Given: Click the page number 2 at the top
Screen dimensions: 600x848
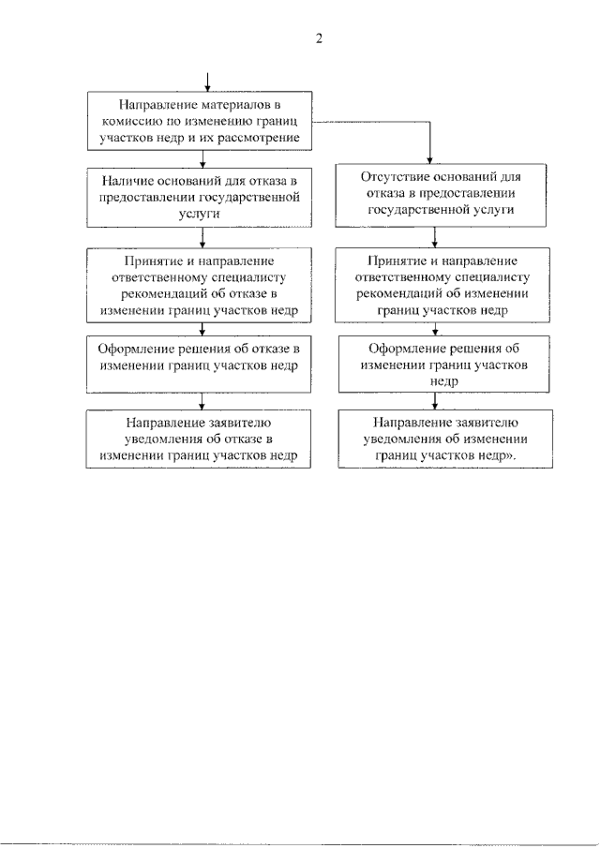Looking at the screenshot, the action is coord(319,38).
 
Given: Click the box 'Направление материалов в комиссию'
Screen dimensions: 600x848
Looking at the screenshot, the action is coord(200,121).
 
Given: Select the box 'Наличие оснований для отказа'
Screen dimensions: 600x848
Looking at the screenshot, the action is coord(199,198).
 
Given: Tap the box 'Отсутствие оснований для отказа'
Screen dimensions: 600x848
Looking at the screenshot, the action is coord(441,195).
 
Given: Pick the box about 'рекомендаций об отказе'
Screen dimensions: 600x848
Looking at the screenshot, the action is coord(199,285).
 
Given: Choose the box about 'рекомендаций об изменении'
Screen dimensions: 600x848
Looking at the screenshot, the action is coord(442,285).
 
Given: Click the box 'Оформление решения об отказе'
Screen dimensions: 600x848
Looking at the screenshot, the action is coord(199,364).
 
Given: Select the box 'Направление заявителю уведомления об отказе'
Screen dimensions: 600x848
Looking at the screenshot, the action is coord(199,439).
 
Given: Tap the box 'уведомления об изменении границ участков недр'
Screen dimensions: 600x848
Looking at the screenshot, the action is coord(446,439).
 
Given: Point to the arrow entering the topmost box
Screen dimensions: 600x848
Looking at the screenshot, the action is coord(207,82).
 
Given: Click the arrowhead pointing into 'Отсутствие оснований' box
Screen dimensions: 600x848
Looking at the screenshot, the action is coord(429,160).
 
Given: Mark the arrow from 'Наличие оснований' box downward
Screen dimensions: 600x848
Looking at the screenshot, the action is coord(202,237).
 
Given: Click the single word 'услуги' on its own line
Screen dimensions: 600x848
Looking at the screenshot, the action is coord(199,214).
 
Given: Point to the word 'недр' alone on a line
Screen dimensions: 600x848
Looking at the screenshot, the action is coord(444,381).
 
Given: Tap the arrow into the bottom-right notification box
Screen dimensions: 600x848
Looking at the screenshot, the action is coord(434,401).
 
